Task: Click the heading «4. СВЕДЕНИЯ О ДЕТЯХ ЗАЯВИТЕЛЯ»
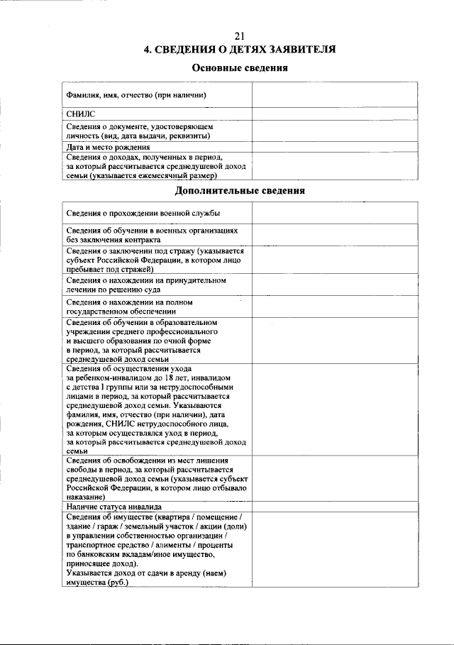tap(240, 50)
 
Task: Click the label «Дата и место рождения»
tap(108, 148)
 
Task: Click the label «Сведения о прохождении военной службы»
tap(143, 214)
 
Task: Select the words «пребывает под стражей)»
tap(110, 270)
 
